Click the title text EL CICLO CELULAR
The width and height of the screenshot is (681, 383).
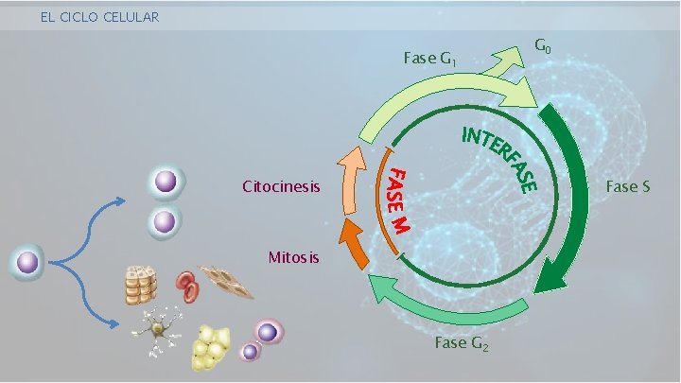coord(100,17)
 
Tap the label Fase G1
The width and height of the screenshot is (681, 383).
coord(431,60)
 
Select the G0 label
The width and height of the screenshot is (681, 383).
coord(545,45)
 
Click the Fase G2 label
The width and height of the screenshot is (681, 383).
coord(462,343)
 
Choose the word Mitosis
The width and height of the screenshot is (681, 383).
coord(294,256)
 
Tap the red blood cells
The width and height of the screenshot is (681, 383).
coord(187,285)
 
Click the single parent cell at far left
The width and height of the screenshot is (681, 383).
coord(28,262)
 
